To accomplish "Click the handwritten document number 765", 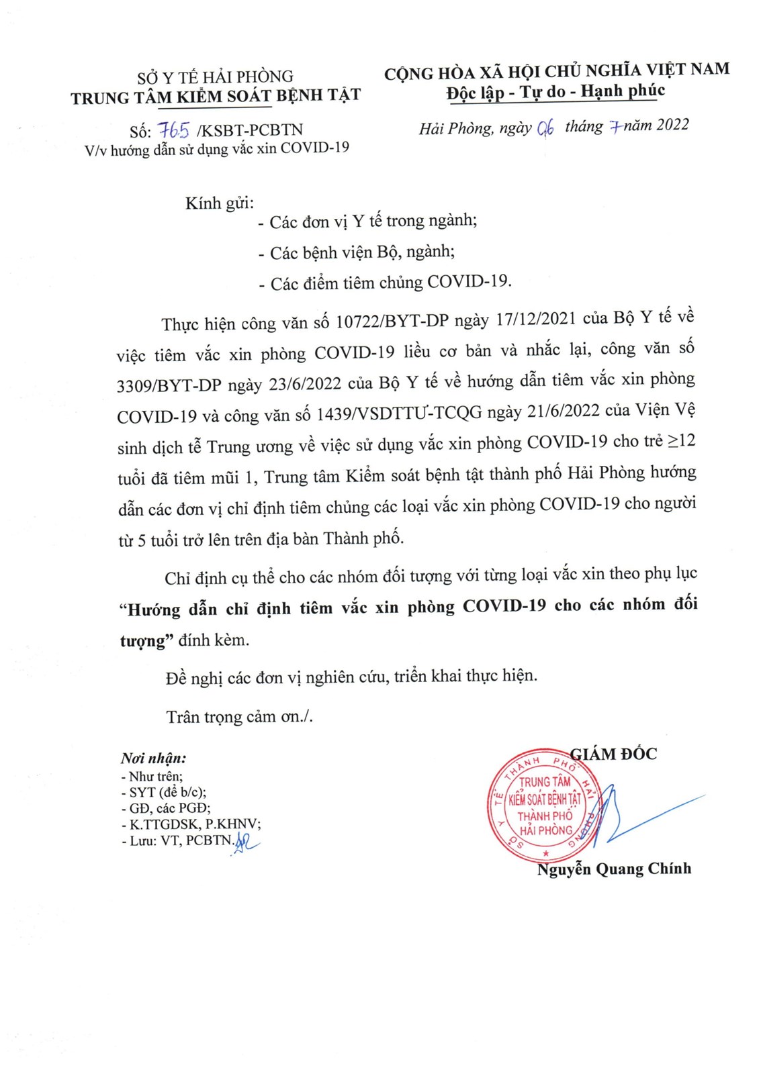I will pos(174,130).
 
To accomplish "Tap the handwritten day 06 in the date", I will pos(545,128).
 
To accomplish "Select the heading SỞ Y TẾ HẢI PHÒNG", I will pos(215,77).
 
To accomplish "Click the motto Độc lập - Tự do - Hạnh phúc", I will pos(555,91).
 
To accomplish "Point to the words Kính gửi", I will pos(220,203).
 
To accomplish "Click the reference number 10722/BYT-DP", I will pos(392,322).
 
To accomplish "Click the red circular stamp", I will pos(543,806).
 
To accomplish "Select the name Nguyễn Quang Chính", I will pos(614,869).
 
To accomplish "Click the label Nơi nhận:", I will pos(153,759).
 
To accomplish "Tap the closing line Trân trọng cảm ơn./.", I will pos(239,717).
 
